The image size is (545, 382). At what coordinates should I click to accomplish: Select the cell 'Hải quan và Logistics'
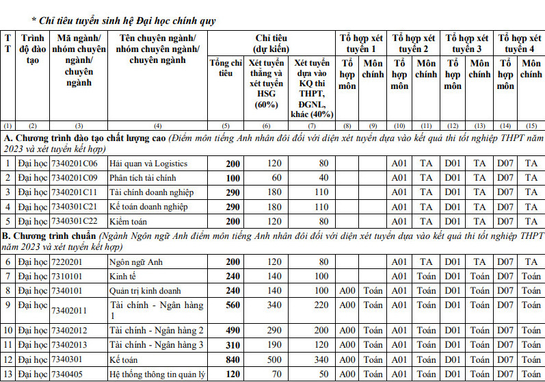pos(148,164)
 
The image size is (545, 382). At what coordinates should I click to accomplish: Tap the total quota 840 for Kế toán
pos(233,359)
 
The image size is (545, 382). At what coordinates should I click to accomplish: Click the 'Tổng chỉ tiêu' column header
pos(226,68)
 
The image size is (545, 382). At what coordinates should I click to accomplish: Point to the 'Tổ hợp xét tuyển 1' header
pos(362,43)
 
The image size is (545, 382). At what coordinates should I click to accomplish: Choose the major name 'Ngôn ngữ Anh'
pos(137,262)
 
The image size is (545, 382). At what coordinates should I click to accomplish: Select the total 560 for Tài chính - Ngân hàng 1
pos(233,305)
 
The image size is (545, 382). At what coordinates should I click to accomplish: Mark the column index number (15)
pos(531,126)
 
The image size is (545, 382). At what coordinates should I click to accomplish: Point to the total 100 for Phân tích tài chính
pos(233,178)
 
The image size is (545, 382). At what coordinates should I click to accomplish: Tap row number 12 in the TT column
pos(8,359)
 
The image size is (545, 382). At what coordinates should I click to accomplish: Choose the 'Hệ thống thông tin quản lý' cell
pos(157,374)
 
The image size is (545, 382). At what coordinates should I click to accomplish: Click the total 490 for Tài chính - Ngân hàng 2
pos(233,331)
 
